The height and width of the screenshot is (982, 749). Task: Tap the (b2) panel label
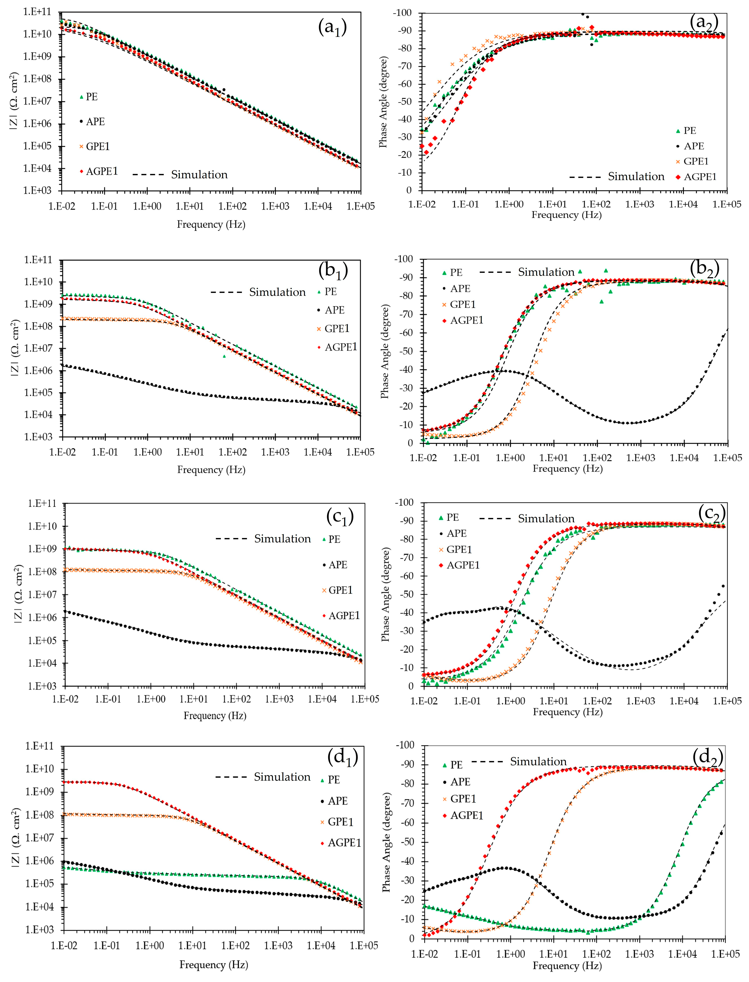pos(704,269)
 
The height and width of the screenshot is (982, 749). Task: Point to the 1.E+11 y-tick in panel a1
pos(37,12)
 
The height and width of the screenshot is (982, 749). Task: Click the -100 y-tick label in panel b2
pos(403,259)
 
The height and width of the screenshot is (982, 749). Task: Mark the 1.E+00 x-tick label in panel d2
pos(511,954)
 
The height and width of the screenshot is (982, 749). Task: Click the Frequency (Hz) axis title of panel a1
pos(211,224)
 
